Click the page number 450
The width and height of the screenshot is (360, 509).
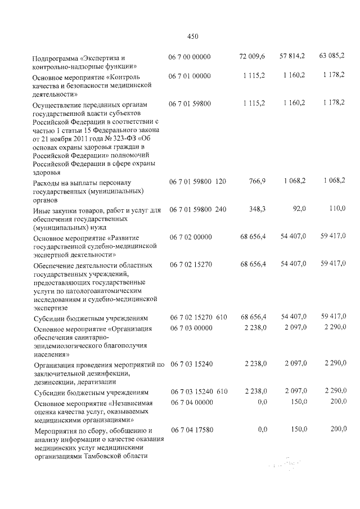coord(192,36)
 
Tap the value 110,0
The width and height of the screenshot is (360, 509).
coord(336,209)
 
